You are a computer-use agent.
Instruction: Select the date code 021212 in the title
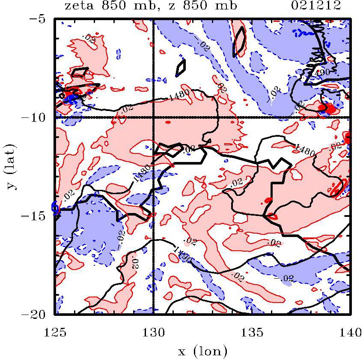click(317, 6)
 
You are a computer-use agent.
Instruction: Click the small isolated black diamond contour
click(181, 67)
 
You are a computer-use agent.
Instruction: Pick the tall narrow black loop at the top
click(239, 42)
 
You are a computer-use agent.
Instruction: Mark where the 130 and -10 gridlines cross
click(153, 117)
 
